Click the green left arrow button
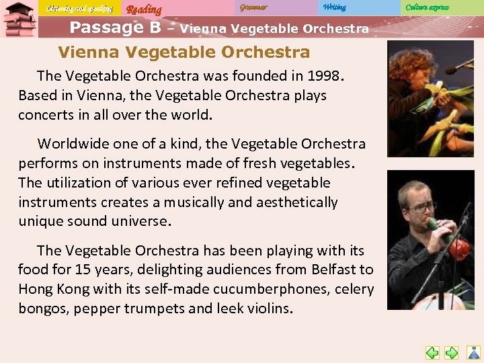tap(433, 352)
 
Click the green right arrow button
tap(452, 352)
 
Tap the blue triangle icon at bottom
tap(474, 352)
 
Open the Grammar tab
tap(253, 7)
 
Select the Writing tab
tap(334, 7)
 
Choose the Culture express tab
tap(427, 7)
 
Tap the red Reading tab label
tap(144, 9)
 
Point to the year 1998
tap(324, 76)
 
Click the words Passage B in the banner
tap(115, 28)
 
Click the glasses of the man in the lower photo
tap(421, 207)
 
